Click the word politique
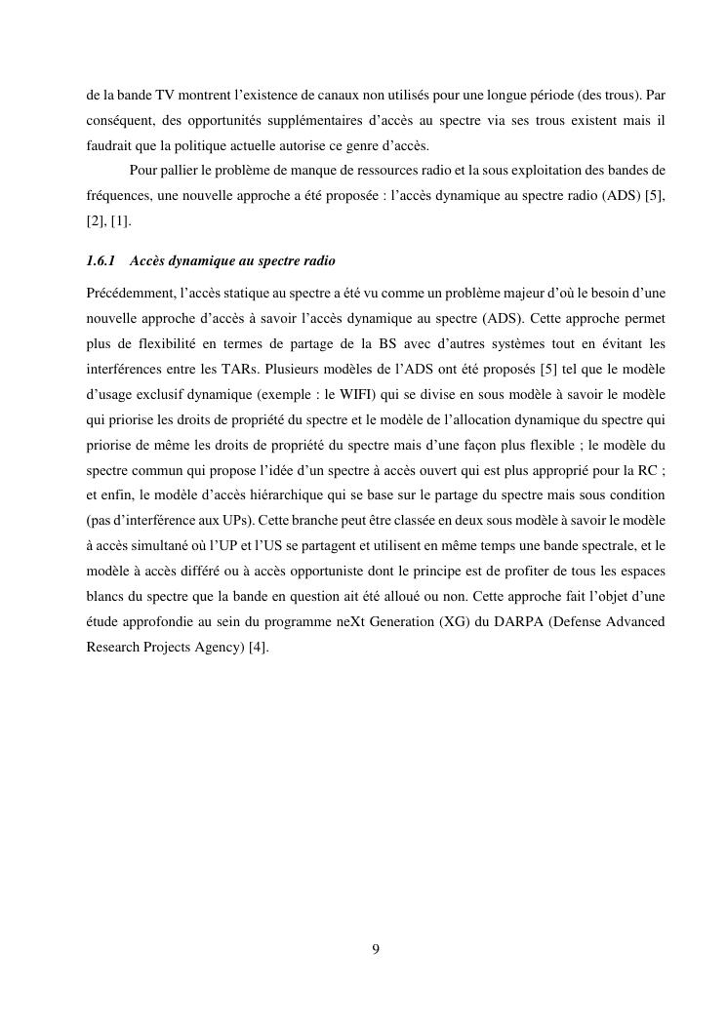click(198, 148)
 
